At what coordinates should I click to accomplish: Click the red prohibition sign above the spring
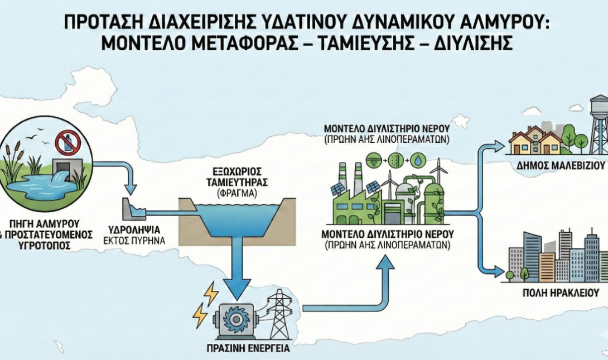point(68,143)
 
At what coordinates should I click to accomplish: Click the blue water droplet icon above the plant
point(417,159)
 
